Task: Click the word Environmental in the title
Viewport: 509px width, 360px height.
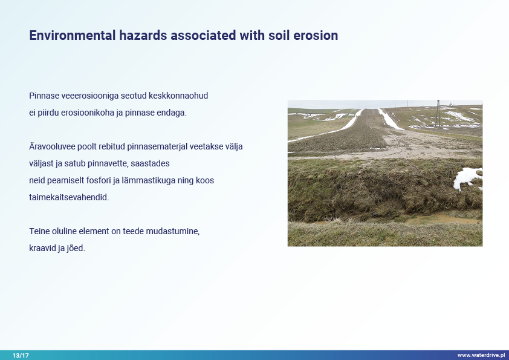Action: point(73,36)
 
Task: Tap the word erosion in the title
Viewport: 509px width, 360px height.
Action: point(316,36)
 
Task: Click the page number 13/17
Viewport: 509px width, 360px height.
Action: point(21,355)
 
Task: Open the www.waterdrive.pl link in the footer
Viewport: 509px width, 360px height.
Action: point(481,355)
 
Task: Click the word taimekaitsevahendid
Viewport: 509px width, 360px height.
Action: point(69,197)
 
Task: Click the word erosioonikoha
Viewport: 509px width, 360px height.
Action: point(88,113)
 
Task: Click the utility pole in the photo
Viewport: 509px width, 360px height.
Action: point(438,114)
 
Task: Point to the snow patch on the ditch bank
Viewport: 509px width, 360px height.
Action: point(468,178)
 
